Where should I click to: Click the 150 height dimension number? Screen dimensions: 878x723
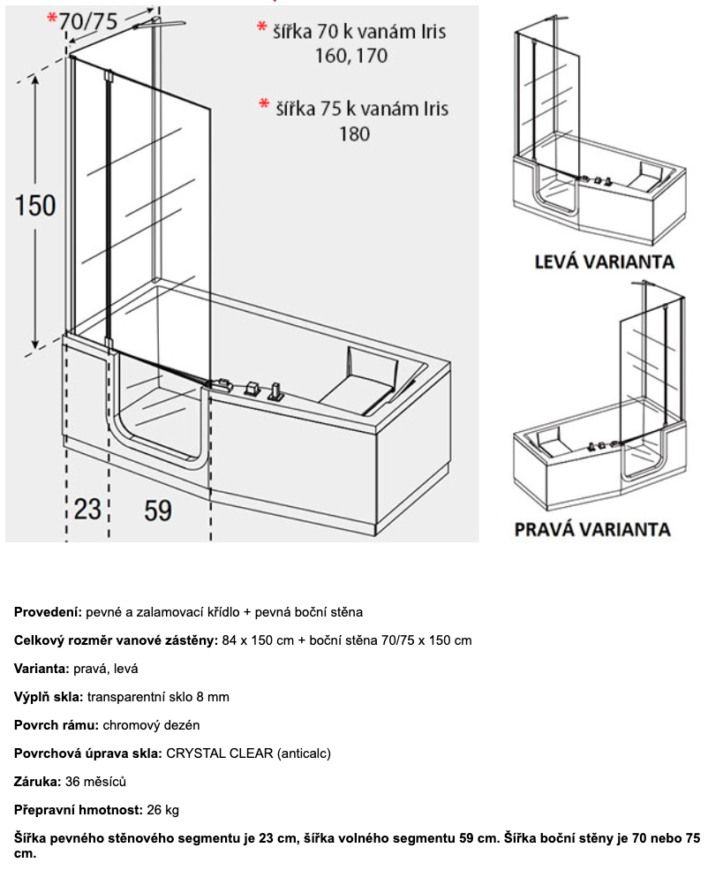35,205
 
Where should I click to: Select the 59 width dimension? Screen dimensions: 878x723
158,510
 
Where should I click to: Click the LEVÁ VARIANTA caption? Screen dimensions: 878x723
604,261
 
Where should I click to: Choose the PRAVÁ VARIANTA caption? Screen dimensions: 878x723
592,529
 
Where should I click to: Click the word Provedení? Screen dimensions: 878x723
48,612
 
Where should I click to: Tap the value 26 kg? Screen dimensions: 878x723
165,810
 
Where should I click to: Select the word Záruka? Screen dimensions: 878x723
36,782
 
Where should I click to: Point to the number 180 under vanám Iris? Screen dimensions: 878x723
353,134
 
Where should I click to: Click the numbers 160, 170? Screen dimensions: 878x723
351,57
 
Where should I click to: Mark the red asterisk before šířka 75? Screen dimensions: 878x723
263,106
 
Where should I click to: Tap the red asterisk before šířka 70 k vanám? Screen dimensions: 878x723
262,29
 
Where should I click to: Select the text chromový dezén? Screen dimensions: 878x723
151,725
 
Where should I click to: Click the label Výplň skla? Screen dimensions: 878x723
48,697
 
